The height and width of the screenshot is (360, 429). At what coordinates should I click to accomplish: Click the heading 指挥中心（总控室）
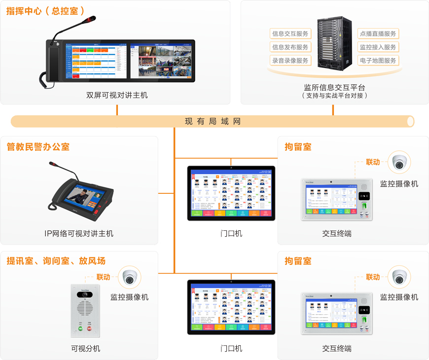(x=46, y=10)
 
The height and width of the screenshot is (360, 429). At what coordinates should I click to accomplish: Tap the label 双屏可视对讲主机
(x=117, y=95)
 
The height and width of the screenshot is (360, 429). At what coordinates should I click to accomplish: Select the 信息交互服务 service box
(x=290, y=34)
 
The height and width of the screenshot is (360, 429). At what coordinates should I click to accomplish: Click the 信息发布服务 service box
(x=290, y=47)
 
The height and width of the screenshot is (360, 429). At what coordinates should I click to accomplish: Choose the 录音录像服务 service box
(x=290, y=61)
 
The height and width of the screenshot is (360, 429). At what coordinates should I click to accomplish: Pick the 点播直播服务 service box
(x=378, y=34)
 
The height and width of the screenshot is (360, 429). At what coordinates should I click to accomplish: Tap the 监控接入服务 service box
(x=378, y=47)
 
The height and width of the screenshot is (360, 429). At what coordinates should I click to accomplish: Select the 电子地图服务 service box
(x=378, y=61)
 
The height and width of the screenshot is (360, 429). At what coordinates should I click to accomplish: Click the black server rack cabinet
(x=334, y=44)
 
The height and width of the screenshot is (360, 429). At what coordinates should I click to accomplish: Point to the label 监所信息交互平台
(x=334, y=87)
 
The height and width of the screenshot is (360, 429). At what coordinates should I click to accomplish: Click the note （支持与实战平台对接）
(x=334, y=96)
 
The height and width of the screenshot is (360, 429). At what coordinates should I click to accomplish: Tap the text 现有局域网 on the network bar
(x=213, y=121)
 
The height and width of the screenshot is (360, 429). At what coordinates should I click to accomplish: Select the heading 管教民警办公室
(x=38, y=147)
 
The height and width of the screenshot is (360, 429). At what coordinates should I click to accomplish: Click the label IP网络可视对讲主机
(x=79, y=233)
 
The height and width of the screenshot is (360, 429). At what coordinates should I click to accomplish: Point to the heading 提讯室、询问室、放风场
(x=56, y=261)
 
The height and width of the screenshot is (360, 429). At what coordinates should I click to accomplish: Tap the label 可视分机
(x=85, y=348)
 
